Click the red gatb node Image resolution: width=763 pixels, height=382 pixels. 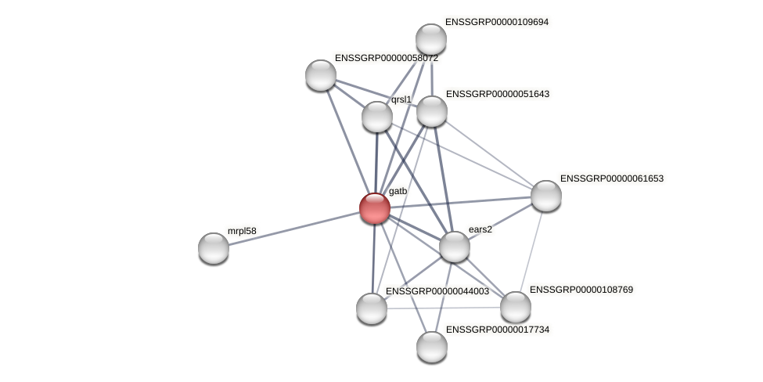pos(375,208)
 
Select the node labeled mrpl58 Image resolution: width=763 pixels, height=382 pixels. pos(214,248)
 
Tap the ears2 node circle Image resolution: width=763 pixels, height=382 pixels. pos(455,247)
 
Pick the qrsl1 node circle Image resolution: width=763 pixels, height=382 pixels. pos(377,117)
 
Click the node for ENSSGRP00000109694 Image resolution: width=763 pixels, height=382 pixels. pos(431,39)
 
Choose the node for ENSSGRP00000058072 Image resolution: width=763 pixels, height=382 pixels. pos(321,75)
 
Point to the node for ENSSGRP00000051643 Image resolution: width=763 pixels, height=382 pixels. pos(432,111)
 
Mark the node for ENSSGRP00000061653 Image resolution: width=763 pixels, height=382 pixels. pos(546,196)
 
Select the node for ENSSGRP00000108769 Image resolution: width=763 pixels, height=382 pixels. pos(516,307)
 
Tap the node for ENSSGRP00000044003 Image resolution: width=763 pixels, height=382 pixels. pos(372,308)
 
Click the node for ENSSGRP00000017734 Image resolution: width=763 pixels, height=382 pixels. pos(432,347)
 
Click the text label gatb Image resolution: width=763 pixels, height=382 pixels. pos(398,191)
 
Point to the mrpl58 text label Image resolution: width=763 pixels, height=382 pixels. pos(242,231)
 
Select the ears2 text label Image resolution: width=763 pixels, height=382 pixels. pos(480,229)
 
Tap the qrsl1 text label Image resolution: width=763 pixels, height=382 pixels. pos(401,99)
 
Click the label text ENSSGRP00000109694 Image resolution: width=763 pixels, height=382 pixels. pos(497,22)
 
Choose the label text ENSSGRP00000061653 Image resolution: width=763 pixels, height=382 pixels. pos(611,178)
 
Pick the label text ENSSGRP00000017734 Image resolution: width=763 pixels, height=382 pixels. pos(498,330)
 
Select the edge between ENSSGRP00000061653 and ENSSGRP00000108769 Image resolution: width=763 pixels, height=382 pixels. pos(531,250)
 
